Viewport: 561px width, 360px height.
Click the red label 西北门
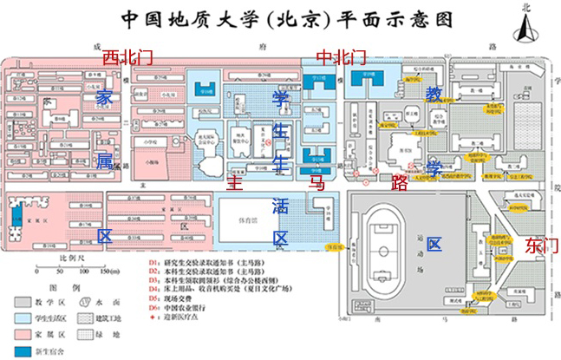pyautogui.click(x=127, y=58)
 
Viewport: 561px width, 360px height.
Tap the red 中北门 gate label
pyautogui.click(x=341, y=58)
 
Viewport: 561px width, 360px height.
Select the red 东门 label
pyautogui.click(x=541, y=245)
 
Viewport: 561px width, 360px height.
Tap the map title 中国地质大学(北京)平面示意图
pyautogui.click(x=280, y=18)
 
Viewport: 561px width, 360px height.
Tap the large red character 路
pyautogui.click(x=400, y=182)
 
